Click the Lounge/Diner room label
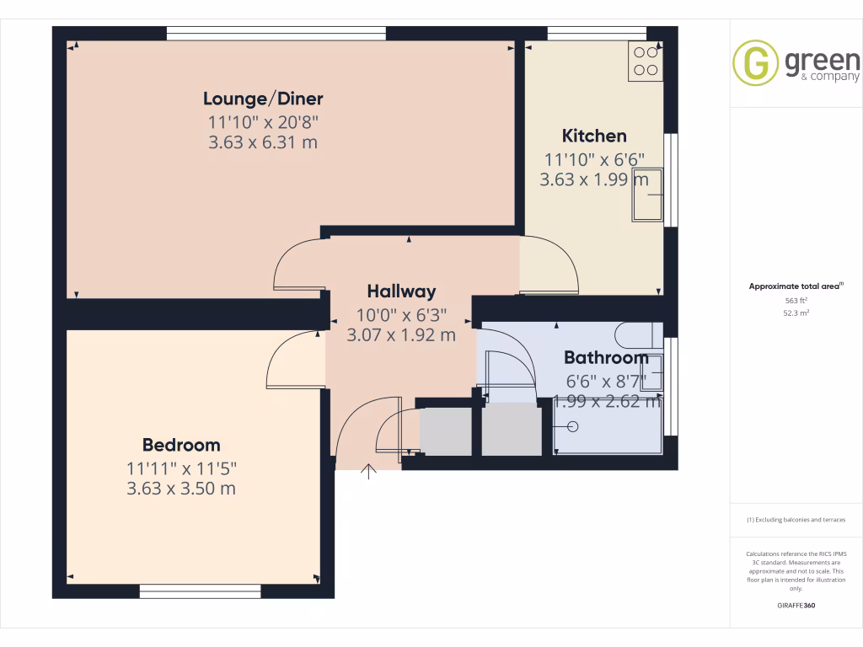263,99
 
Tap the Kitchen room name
594,136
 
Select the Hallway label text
401,291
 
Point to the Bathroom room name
606,356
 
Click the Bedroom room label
181,445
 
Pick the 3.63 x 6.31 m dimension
263,142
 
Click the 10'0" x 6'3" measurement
401,314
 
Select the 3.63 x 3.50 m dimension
181,489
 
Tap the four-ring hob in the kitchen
646,61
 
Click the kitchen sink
647,195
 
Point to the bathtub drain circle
575,426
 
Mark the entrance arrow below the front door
368,472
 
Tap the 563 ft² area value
796,300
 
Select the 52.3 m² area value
796,313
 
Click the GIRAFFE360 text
796,606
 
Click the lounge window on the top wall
276,33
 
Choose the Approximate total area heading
795,286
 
